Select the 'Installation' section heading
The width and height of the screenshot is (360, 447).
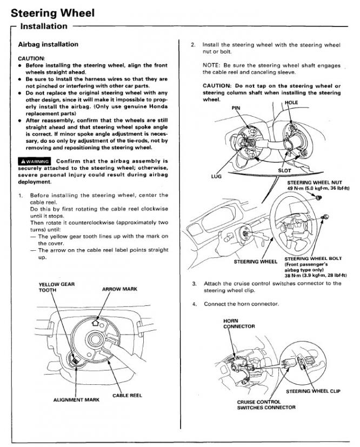[x=44, y=26]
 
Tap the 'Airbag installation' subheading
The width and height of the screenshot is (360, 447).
[x=48, y=44]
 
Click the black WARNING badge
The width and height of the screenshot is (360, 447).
[x=35, y=161]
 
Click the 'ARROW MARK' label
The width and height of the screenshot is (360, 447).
[x=119, y=289]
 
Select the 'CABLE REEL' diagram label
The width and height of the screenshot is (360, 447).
[x=127, y=395]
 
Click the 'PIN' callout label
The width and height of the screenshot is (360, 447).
[x=236, y=108]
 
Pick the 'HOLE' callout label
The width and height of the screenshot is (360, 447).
[x=291, y=102]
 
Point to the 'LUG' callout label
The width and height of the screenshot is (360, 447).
[x=217, y=176]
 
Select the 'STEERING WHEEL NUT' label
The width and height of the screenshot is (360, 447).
[x=318, y=182]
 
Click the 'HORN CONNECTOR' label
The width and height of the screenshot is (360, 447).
[x=238, y=323]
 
